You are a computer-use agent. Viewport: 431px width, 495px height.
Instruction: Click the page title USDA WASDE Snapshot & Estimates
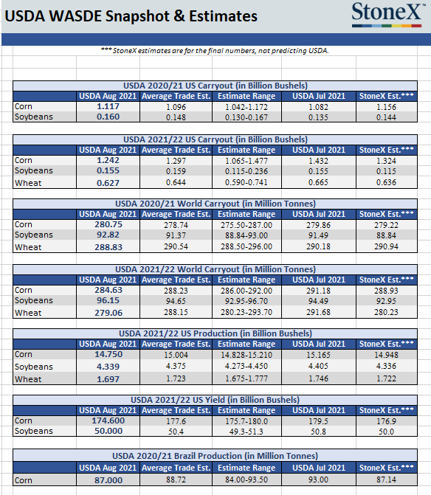(131, 16)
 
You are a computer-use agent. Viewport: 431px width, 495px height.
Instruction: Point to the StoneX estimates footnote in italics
(215, 50)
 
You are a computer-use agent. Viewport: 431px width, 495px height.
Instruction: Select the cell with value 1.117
(108, 106)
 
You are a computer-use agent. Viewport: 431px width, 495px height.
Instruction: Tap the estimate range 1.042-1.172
(246, 107)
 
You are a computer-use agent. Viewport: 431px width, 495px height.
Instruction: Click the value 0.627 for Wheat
(108, 183)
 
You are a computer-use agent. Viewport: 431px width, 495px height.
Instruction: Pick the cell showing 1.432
(318, 161)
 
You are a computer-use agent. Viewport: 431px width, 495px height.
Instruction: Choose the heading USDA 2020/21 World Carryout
(215, 204)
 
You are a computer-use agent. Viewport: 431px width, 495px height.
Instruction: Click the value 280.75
(108, 224)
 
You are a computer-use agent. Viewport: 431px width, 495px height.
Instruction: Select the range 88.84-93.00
(246, 235)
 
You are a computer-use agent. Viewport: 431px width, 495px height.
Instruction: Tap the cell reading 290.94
(386, 246)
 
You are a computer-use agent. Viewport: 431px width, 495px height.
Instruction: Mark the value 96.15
(108, 300)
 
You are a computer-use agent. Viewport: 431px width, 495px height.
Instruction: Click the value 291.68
(318, 312)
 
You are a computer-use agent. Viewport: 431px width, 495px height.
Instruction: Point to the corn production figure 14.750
(108, 354)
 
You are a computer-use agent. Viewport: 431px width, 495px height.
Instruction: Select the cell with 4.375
(176, 366)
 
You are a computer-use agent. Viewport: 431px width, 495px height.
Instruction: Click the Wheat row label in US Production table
(28, 379)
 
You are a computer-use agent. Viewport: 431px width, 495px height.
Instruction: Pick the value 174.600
(108, 420)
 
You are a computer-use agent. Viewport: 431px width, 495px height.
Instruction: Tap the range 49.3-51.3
(246, 432)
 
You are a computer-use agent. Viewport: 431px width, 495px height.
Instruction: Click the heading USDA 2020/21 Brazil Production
(215, 456)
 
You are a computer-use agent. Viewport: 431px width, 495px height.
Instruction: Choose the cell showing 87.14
(386, 480)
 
